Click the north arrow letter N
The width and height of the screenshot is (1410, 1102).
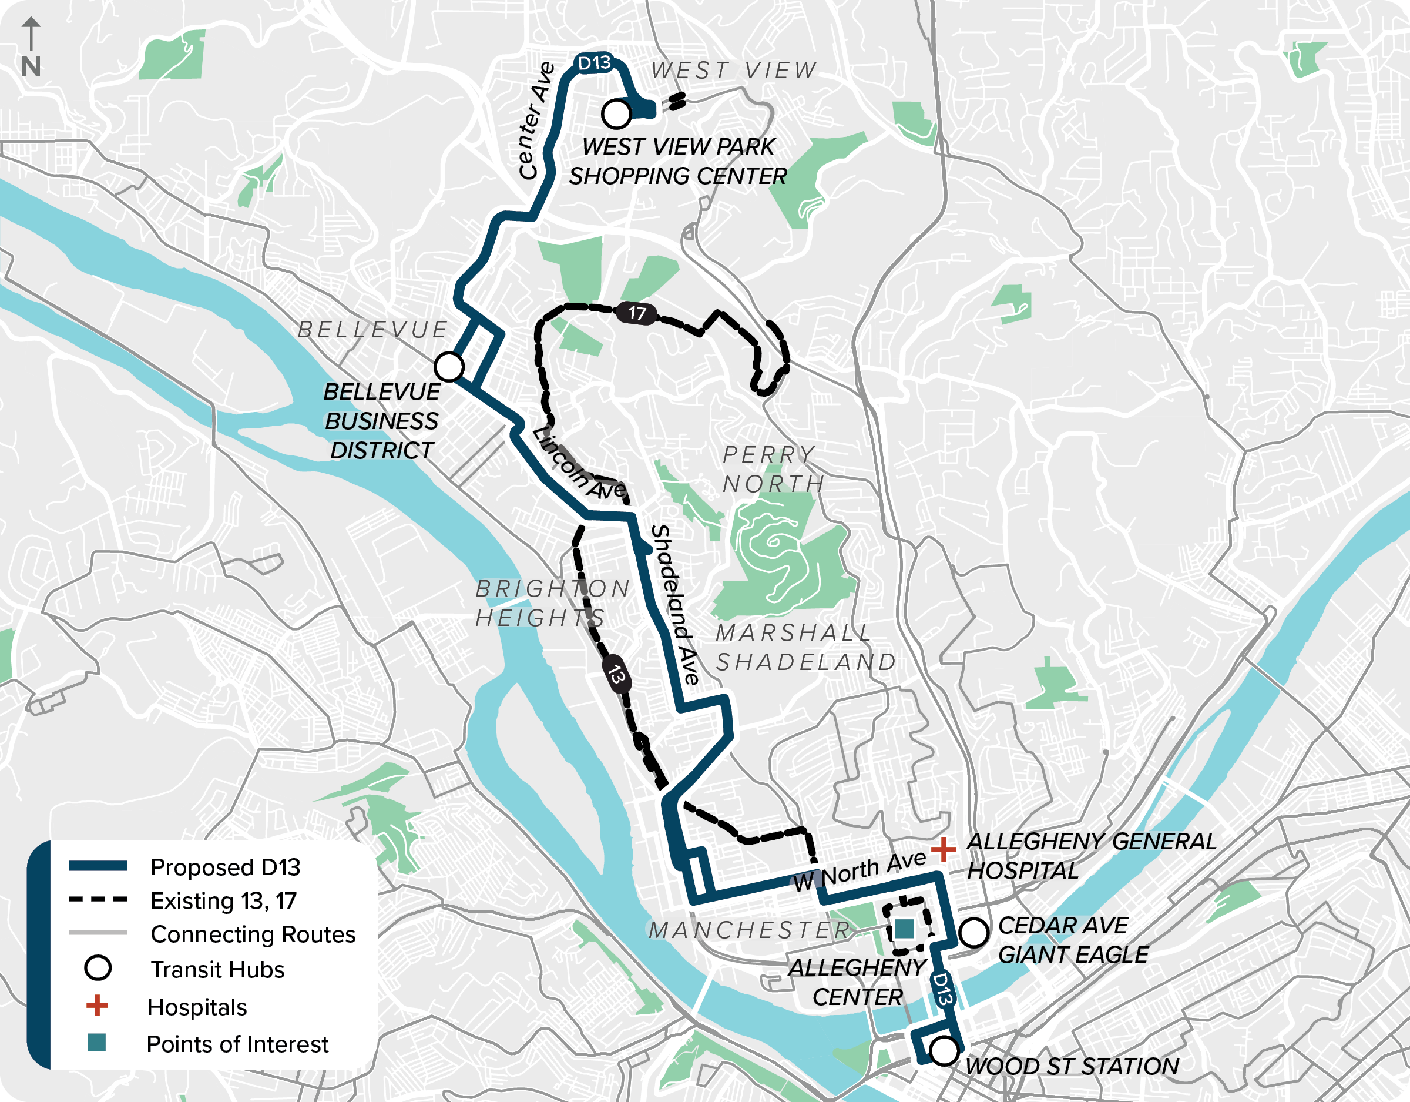(31, 66)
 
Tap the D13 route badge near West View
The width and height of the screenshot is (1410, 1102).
(594, 63)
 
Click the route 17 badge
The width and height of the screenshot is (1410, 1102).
(637, 313)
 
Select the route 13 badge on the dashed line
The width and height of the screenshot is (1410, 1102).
(616, 675)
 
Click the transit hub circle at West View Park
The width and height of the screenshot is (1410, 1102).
(616, 113)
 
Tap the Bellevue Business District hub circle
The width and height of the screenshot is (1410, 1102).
(449, 366)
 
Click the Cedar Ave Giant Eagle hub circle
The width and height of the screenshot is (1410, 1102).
(973, 932)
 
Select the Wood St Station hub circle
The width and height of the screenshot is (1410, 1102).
(943, 1051)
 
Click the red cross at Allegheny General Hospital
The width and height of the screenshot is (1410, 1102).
(943, 849)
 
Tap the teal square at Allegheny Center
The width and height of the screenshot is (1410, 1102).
(904, 929)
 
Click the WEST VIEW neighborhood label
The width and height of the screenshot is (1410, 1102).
(734, 70)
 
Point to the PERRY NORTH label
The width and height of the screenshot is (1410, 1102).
(773, 469)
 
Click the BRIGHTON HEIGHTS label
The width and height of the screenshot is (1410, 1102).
(553, 602)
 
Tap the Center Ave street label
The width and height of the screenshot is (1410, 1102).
(536, 121)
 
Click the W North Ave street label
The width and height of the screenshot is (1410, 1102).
(860, 872)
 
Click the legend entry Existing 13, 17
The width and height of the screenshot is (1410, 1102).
(223, 900)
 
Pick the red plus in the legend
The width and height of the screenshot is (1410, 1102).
(97, 1006)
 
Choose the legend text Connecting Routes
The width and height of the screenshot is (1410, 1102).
(253, 934)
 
